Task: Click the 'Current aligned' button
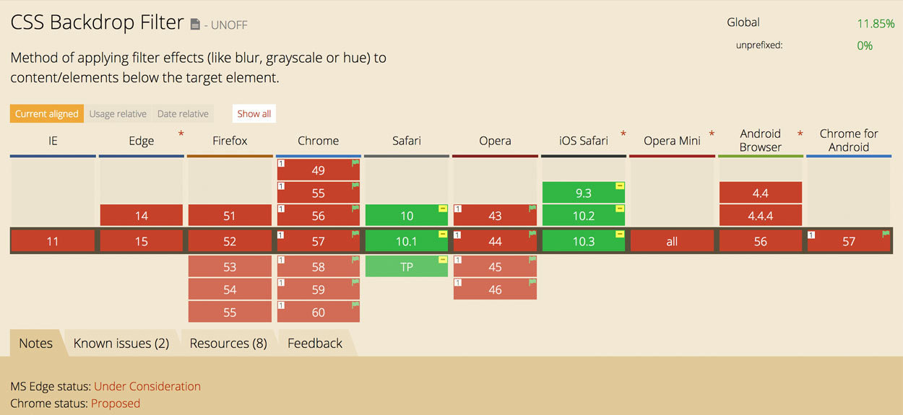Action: pyautogui.click(x=47, y=113)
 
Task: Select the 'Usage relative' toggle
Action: pyautogui.click(x=118, y=113)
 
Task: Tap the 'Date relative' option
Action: pyautogui.click(x=183, y=113)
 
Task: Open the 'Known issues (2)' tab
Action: pyautogui.click(x=121, y=343)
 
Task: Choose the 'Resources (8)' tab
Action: pyautogui.click(x=228, y=343)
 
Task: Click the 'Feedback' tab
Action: pyautogui.click(x=315, y=343)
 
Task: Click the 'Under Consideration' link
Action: pyautogui.click(x=147, y=386)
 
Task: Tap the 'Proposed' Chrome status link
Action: pyautogui.click(x=116, y=403)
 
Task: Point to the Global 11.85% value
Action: pyautogui.click(x=876, y=24)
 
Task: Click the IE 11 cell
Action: pyautogui.click(x=53, y=241)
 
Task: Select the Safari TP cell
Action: pyautogui.click(x=406, y=266)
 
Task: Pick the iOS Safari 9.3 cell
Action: pyautogui.click(x=583, y=193)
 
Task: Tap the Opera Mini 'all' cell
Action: pyautogui.click(x=672, y=241)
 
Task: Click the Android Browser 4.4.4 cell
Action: pyautogui.click(x=760, y=216)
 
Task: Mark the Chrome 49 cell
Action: pyautogui.click(x=318, y=170)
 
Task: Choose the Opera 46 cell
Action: pyautogui.click(x=495, y=289)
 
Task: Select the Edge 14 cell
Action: pyautogui.click(x=141, y=216)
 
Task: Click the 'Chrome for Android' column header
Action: pyautogui.click(x=849, y=140)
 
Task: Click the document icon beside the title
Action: pyautogui.click(x=195, y=25)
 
